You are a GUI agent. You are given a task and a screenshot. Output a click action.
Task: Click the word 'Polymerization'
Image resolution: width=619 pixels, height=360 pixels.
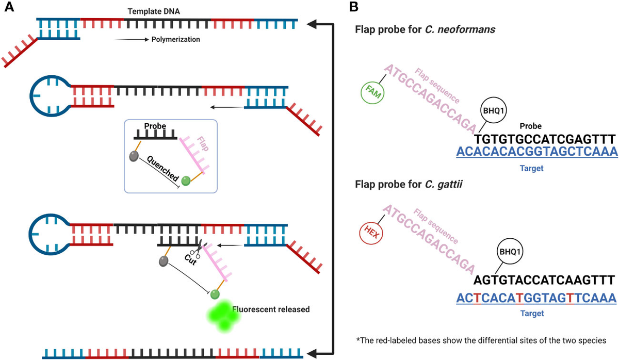175,39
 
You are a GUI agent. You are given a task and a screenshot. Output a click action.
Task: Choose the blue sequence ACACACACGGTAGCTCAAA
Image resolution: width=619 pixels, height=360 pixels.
536,153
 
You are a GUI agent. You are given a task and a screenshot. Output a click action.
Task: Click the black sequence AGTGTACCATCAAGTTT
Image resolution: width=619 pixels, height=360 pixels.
544,280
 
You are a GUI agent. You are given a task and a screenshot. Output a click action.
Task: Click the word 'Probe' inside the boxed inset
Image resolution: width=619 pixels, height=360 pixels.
155,126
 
